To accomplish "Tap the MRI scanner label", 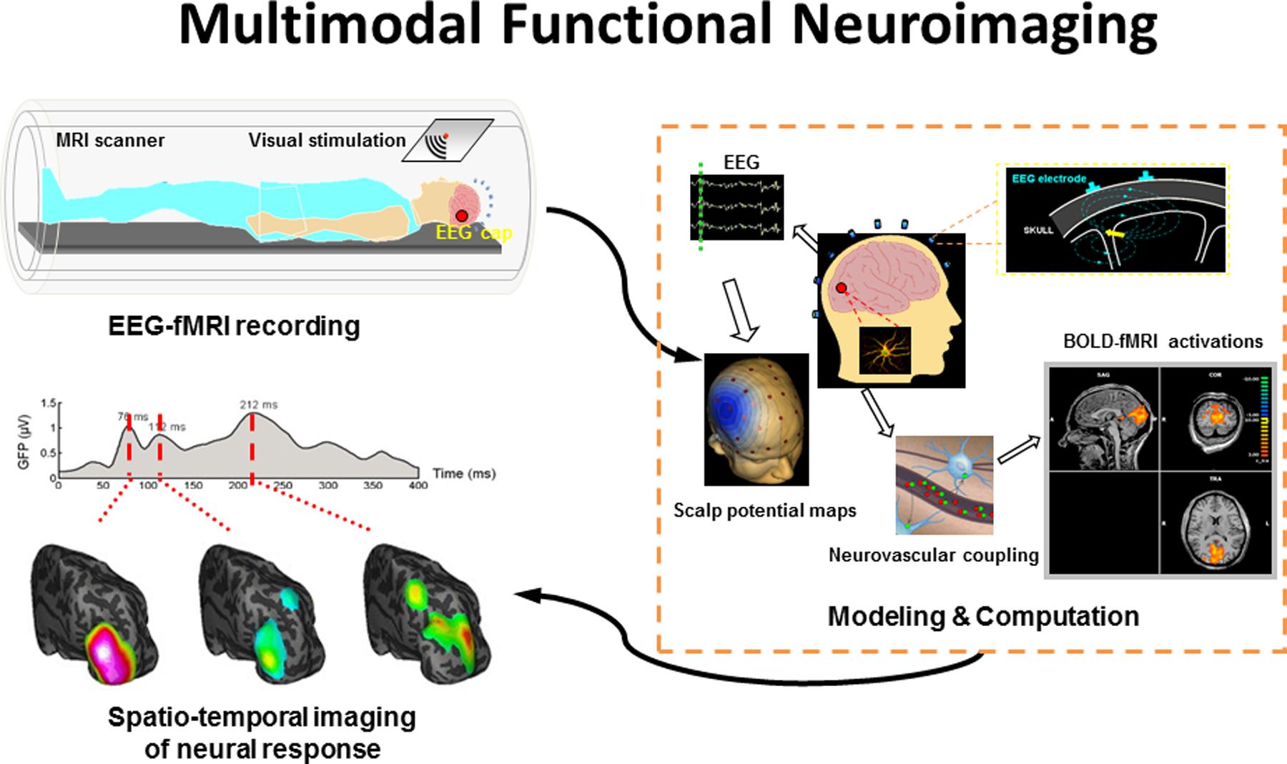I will [x=110, y=140].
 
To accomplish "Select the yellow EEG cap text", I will [x=475, y=232].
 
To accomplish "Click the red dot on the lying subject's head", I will [x=462, y=215].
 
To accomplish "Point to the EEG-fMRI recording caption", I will [x=234, y=326].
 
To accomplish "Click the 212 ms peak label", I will [x=259, y=405].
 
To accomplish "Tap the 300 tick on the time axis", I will [x=327, y=485].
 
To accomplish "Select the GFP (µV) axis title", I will [x=24, y=440].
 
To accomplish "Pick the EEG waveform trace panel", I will [x=736, y=207].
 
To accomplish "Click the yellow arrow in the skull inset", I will [x=1114, y=233].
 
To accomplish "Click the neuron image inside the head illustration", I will [x=884, y=350].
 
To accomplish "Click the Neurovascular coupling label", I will [x=933, y=555].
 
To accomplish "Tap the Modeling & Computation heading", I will [x=983, y=616].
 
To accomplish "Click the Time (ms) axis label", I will [x=463, y=473].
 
